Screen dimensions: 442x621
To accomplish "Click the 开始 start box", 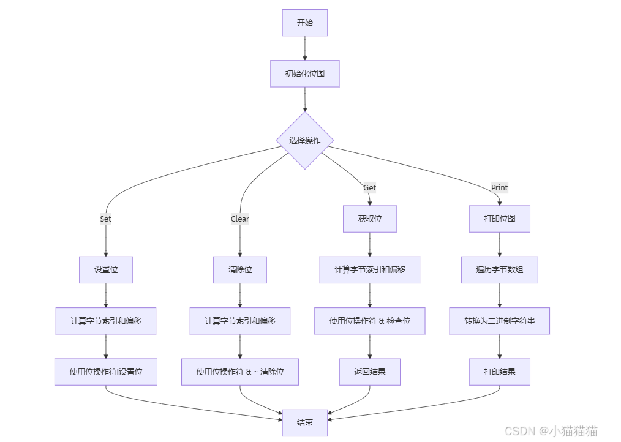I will tap(304, 23).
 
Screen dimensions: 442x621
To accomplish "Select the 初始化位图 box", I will tap(304, 74).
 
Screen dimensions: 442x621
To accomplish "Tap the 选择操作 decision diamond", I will tap(304, 140).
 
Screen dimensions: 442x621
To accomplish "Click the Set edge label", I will tap(106, 219).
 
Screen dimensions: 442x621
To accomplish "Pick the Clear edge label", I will tap(239, 219).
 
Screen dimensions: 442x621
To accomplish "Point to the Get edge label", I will tap(369, 187).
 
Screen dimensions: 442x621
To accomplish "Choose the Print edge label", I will tap(499, 187).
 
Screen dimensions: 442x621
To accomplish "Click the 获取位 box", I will tap(369, 219).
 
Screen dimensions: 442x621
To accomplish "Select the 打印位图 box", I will tap(499, 219).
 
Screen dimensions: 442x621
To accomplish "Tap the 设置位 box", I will tap(106, 269).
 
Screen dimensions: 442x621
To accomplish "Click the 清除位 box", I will tap(239, 269).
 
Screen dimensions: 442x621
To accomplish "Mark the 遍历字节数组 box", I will tap(499, 269).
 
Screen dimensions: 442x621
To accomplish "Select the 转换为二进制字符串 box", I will tap(499, 321).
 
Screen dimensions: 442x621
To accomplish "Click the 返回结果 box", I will tap(369, 372).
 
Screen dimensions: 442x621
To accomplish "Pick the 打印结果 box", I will tap(499, 372).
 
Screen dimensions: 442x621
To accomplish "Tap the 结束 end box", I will tap(304, 422).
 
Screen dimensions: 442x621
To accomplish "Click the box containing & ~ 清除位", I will tap(239, 372).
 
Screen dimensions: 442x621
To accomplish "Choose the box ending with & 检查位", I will tap(369, 321).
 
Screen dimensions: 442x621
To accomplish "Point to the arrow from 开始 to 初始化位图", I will tap(304, 48).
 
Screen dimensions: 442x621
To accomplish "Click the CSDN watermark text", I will tap(551, 430).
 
